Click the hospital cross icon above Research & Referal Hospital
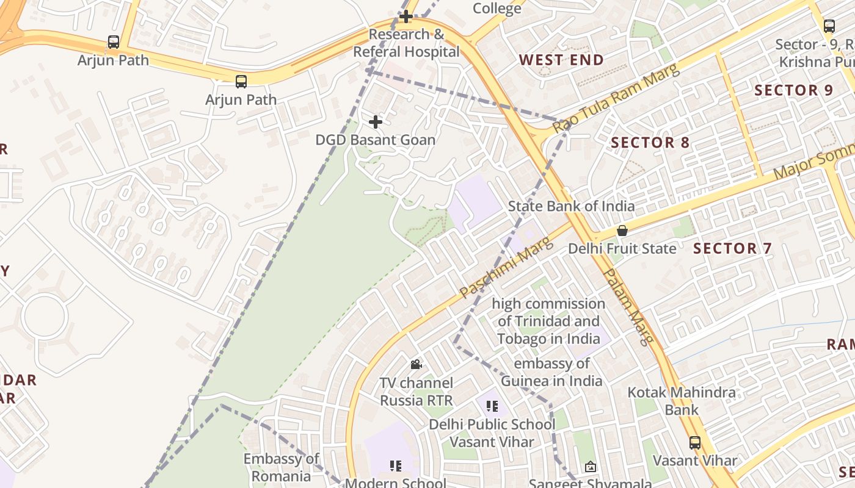[x=406, y=16]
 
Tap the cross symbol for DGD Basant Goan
[x=376, y=122]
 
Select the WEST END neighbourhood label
[x=561, y=60]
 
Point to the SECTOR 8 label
[x=650, y=143]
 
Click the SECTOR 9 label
[x=793, y=90]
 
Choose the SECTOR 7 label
[x=733, y=248]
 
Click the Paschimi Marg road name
[x=506, y=268]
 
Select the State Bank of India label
[x=571, y=206]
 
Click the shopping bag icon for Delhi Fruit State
[x=622, y=231]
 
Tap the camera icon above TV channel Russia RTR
[x=417, y=365]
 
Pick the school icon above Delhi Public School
[x=492, y=406]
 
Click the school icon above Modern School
[x=396, y=466]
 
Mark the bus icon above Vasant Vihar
[x=695, y=443]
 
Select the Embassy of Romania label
[x=281, y=467]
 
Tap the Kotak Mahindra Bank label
[x=682, y=401]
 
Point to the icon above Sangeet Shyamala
[x=591, y=467]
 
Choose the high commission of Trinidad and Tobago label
[x=548, y=321]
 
